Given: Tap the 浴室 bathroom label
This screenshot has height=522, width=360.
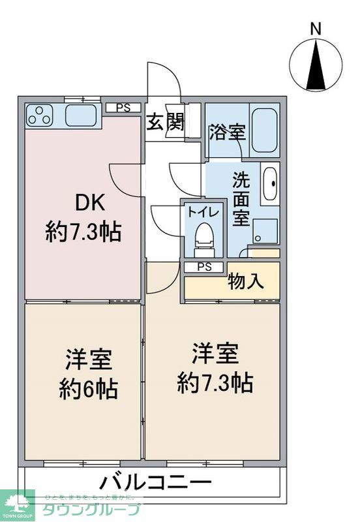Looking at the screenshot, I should [228, 132].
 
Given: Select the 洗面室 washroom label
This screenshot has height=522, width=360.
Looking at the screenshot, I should [242, 198].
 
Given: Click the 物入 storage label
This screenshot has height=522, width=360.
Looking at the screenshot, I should [246, 282].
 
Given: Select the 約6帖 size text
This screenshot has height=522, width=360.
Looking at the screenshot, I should [89, 389].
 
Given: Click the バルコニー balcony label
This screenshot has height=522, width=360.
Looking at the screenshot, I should [156, 484].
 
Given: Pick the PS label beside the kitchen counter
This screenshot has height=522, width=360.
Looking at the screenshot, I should [123, 108].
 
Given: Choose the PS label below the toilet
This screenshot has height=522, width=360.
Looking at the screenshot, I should [204, 267].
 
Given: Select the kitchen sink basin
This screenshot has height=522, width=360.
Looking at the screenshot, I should [81, 116].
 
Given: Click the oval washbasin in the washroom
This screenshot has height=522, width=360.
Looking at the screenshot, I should [269, 185].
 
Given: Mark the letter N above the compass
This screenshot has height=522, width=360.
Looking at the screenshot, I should [316, 29].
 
